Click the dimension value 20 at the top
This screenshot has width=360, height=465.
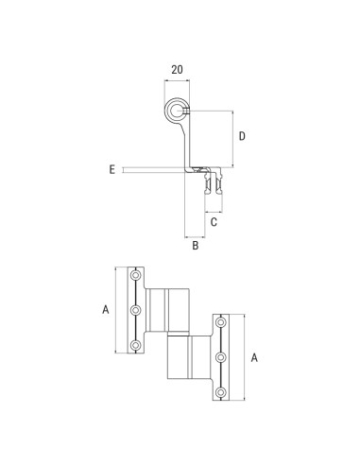click(177, 69)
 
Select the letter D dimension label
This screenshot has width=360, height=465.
click(243, 137)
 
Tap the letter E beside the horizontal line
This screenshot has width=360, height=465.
click(111, 169)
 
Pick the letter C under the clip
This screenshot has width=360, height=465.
click(214, 222)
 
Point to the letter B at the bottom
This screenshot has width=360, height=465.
click(195, 247)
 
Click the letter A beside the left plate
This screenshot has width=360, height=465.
click(106, 309)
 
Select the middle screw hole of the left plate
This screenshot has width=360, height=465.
click(135, 309)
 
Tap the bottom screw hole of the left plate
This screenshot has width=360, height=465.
click(135, 345)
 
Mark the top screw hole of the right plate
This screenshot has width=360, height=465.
click(221, 324)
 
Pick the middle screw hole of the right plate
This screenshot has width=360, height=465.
click(221, 357)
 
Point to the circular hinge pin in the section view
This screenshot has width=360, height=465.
click(177, 112)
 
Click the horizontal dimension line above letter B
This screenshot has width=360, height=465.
click(195, 234)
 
